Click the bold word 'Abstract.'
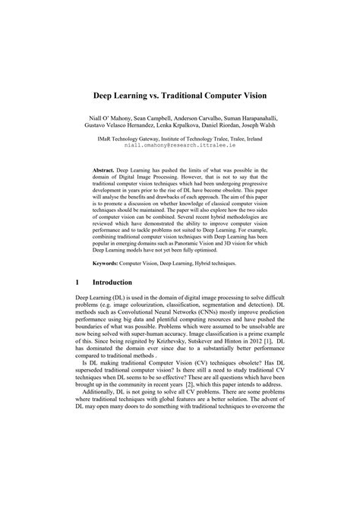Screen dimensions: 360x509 click(103, 171)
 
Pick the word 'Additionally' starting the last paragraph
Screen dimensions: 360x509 click(102, 397)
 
